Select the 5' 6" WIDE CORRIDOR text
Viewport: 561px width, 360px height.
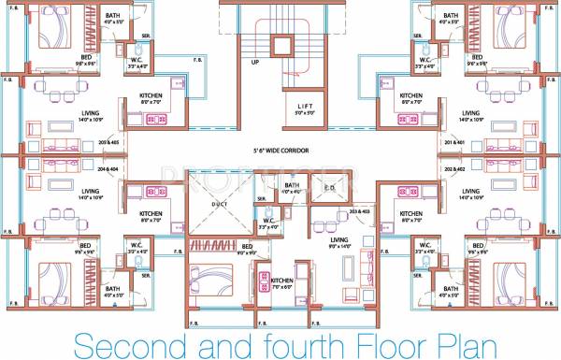pyautogui.click(x=279, y=150)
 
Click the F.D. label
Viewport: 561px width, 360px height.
pyautogui.click(x=330, y=187)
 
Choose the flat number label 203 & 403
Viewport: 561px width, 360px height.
pyautogui.click(x=358, y=214)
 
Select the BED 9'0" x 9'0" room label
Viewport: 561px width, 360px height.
pyautogui.click(x=247, y=249)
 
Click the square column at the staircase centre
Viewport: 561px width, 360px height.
pyautogui.click(x=280, y=46)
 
